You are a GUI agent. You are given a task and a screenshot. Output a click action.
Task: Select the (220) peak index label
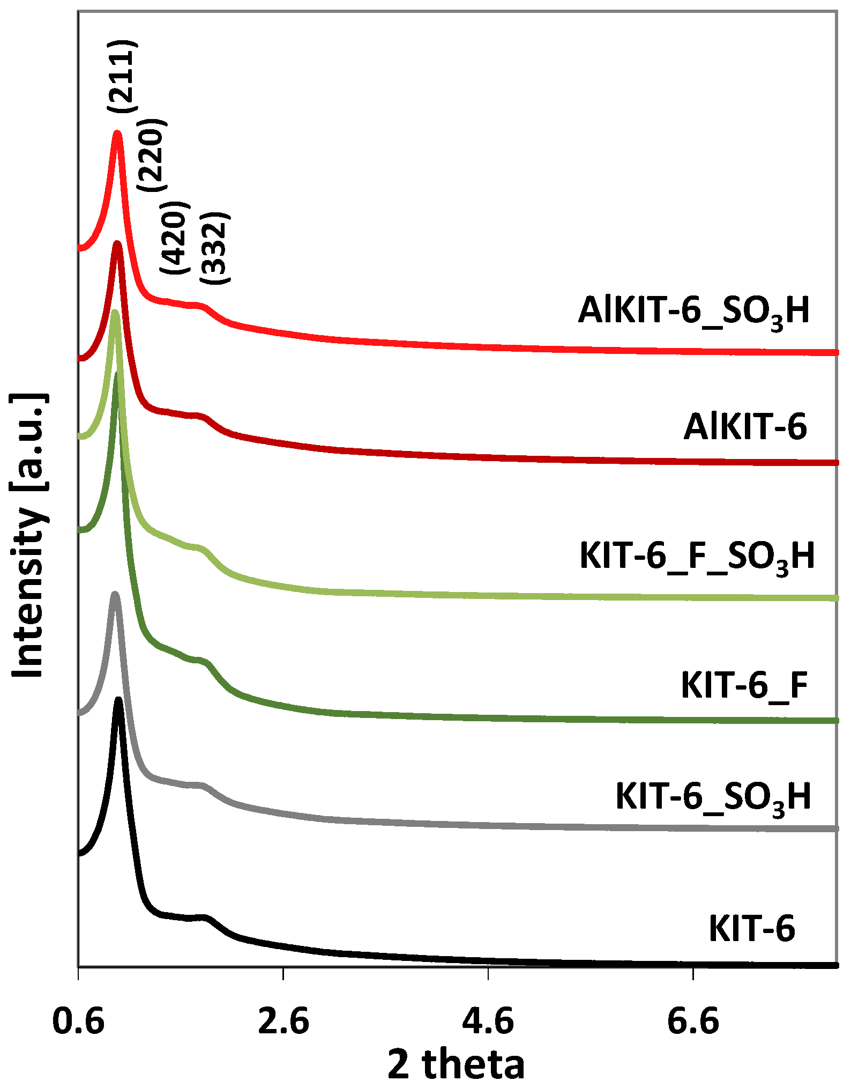152,155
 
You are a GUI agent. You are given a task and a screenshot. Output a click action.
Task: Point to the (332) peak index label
215,248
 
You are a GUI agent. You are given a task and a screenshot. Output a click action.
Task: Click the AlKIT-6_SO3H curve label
694,311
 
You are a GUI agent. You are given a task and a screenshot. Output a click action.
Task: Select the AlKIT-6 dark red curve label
745,427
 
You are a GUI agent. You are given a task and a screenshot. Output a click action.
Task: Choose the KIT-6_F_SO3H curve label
697,556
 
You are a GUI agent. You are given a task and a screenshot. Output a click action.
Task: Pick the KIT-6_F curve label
744,685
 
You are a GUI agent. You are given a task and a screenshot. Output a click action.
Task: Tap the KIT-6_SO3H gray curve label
713,797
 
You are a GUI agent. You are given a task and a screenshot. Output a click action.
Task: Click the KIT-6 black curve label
752,929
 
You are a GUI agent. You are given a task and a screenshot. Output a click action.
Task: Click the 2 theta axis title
456,1064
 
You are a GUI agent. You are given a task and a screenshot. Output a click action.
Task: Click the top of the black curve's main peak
118,700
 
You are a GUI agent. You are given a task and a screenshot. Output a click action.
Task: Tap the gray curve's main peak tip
114,595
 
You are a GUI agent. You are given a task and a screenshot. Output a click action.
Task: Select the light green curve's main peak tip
115,313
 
